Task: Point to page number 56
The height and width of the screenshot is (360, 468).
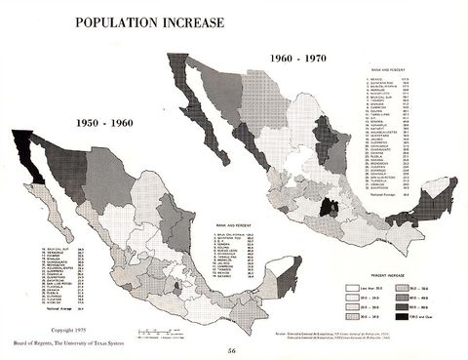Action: point(232,349)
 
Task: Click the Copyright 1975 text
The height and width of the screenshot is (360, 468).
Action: point(44,325)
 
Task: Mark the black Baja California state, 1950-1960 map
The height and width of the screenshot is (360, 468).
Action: point(21,156)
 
